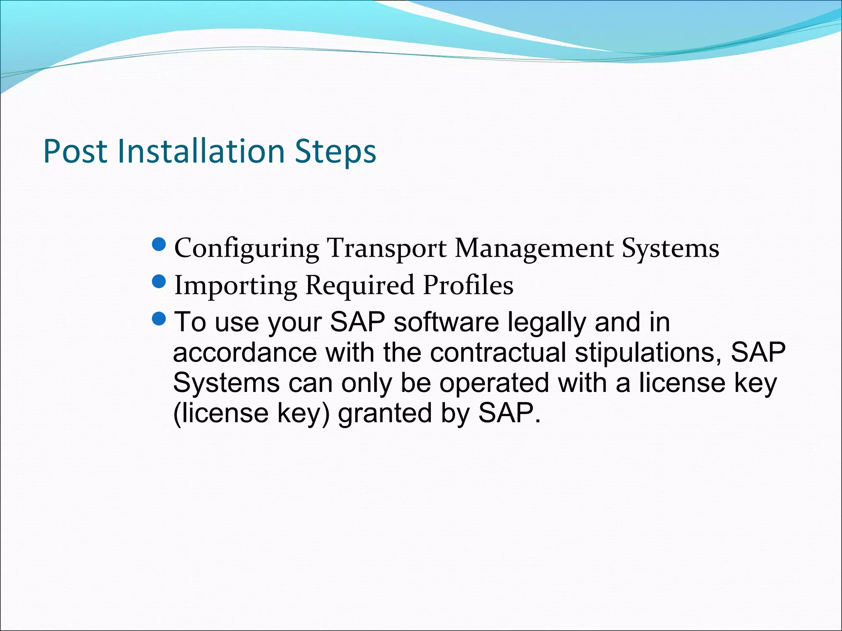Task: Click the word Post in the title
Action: coord(75,152)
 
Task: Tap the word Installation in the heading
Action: coord(201,152)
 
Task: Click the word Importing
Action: coord(236,286)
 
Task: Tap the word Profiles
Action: coord(468,286)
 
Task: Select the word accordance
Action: coord(245,352)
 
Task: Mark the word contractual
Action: coord(498,352)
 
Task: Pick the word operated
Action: coord(494,383)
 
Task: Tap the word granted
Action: coord(385,413)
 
